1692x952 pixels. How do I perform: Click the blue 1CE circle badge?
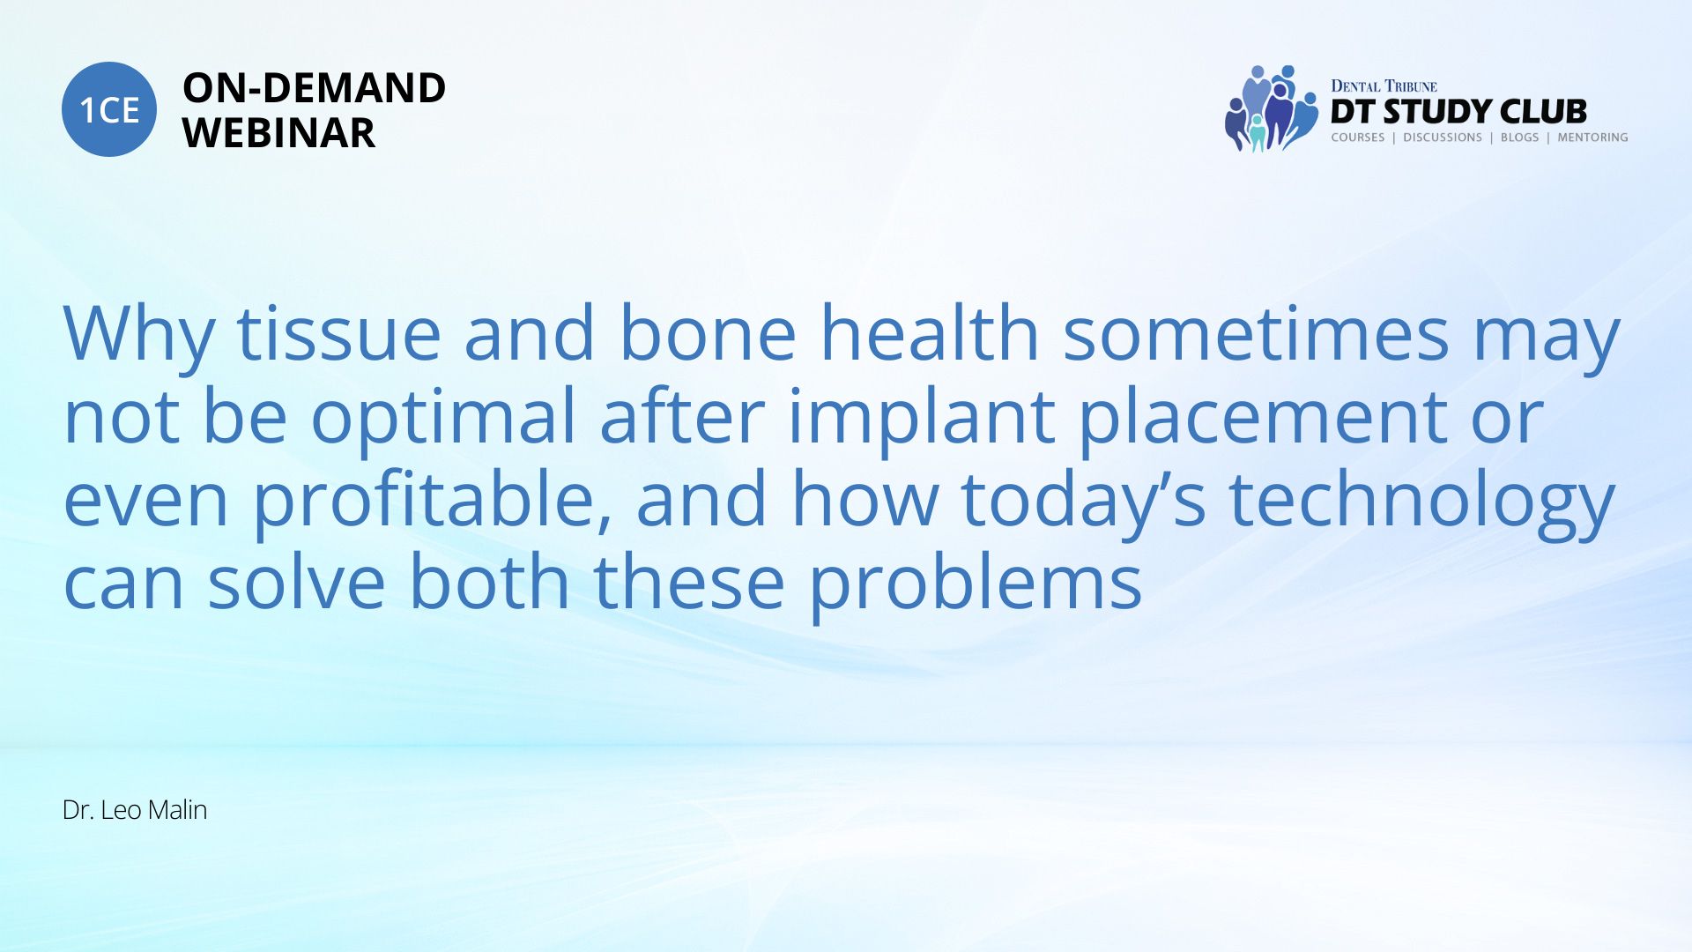click(x=109, y=109)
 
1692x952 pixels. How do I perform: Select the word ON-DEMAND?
click(x=314, y=88)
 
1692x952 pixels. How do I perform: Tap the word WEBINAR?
click(x=278, y=133)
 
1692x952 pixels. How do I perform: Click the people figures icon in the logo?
click(x=1272, y=108)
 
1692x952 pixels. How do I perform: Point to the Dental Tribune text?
click(x=1384, y=86)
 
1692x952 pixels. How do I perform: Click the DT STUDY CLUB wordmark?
click(x=1458, y=112)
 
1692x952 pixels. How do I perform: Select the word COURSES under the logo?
click(x=1358, y=138)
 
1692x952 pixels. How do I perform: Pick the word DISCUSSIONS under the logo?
click(x=1443, y=138)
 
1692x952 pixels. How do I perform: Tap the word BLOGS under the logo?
click(x=1519, y=138)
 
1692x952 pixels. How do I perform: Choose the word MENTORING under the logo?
click(x=1592, y=138)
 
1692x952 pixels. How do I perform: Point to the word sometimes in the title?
click(x=1256, y=333)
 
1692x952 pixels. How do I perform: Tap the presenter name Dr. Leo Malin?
click(x=135, y=810)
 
